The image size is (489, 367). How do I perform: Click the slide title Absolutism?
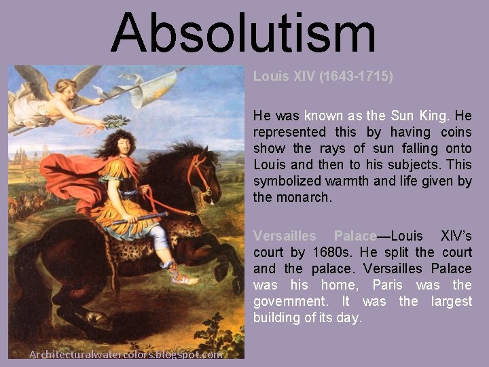(x=243, y=33)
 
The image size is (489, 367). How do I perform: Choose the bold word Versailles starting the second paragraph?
(x=285, y=236)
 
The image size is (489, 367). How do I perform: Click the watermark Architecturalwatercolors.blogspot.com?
(x=125, y=354)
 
